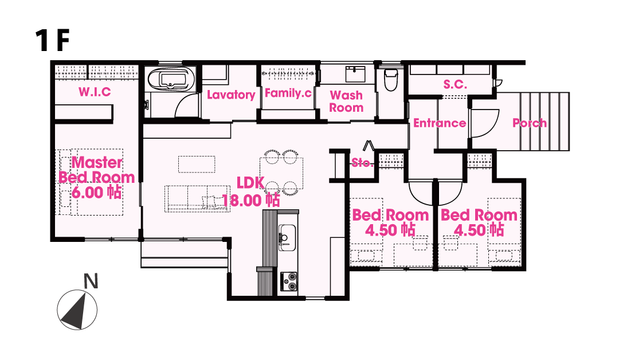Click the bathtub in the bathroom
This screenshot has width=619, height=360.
tap(171, 79)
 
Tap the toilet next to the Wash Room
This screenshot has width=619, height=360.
tap(391, 79)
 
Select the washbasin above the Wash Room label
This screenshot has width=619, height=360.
tap(355, 74)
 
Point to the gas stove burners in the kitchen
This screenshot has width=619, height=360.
tap(288, 281)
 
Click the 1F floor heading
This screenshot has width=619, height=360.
tap(53, 41)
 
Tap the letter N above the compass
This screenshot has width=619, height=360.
tap(91, 281)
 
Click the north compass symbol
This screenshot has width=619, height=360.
tap(77, 310)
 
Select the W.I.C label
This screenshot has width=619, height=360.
tap(95, 92)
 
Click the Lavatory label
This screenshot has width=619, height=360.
tap(232, 95)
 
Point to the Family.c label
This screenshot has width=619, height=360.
tap(288, 93)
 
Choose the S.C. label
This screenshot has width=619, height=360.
tap(455, 84)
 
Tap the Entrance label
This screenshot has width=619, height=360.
tap(440, 123)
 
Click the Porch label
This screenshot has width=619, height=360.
tap(530, 123)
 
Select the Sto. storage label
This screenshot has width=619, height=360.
tap(362, 162)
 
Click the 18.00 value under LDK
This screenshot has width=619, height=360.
tap(242, 201)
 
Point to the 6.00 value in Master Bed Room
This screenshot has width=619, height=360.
tap(88, 193)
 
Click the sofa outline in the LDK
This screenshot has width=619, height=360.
tap(197, 199)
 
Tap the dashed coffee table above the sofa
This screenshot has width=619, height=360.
tap(197, 164)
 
